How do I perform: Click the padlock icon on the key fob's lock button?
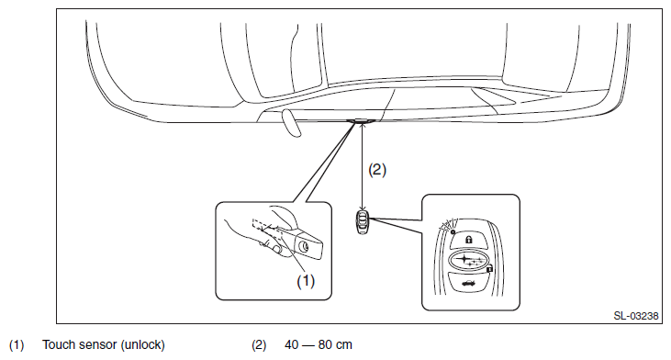point(468,240)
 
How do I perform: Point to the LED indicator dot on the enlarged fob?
point(453,231)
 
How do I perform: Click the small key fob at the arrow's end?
point(363,221)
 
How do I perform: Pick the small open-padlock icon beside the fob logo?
point(489,269)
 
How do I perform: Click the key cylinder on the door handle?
point(304,247)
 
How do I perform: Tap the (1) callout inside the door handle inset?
point(306,281)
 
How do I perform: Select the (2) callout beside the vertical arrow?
point(377,170)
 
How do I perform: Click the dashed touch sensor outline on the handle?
point(267,231)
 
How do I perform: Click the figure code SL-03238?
point(636,316)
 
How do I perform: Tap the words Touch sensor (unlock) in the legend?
point(104,344)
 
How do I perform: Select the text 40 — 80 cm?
point(319,344)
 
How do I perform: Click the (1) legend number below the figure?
point(17,344)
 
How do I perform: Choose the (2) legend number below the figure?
point(259,344)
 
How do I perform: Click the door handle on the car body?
point(362,121)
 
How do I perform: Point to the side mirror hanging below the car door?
point(291,123)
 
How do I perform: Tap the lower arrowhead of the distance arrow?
point(363,208)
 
